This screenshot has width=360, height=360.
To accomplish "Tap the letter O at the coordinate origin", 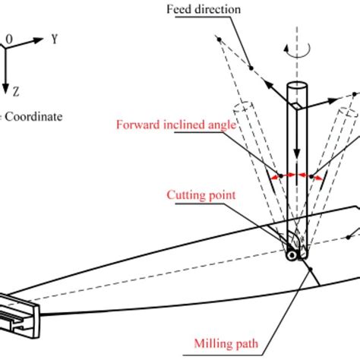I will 9,36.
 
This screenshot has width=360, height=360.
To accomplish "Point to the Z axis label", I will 16,90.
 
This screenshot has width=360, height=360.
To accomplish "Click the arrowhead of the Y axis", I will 39,46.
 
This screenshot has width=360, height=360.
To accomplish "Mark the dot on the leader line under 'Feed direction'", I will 250,69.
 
